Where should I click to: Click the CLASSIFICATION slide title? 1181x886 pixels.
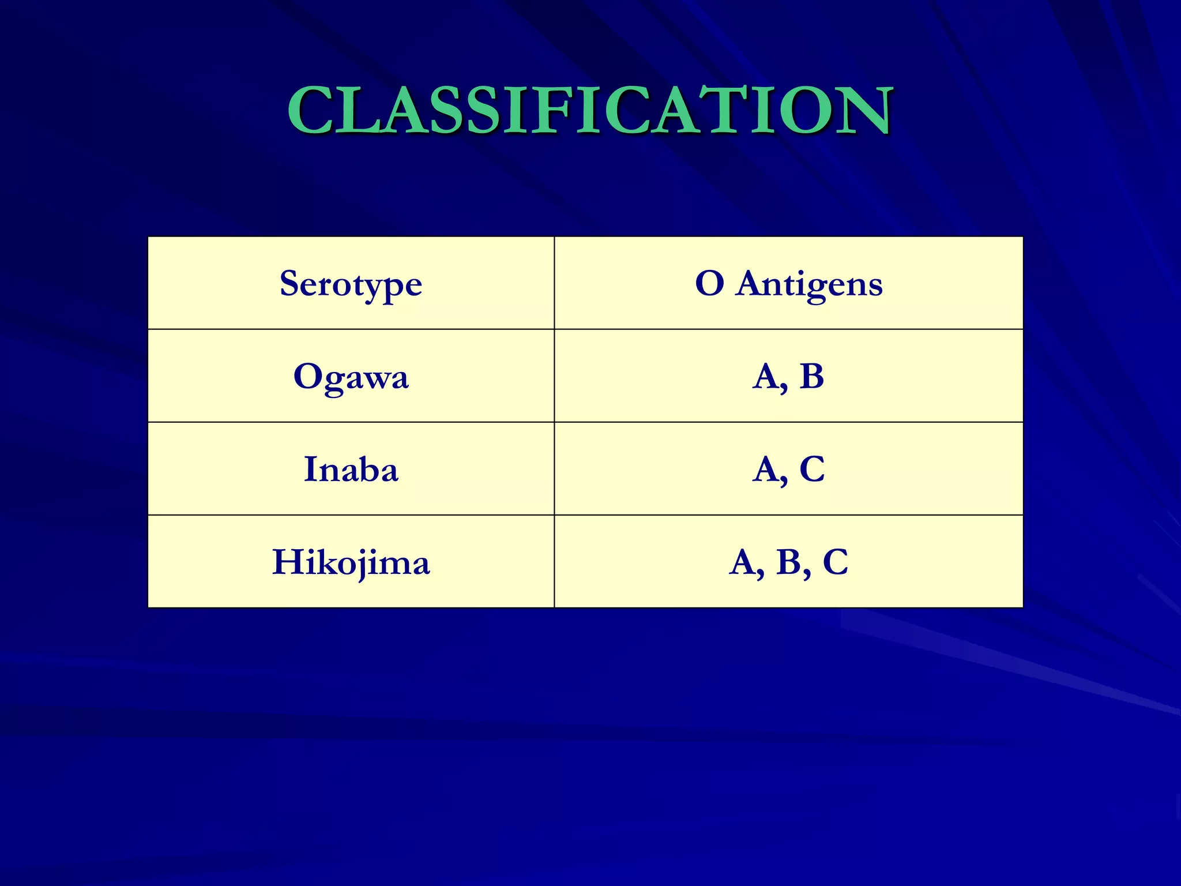(590, 110)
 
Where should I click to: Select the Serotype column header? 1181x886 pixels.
(351, 284)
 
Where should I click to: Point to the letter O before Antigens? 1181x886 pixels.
(709, 283)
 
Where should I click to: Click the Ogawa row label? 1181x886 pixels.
(351, 377)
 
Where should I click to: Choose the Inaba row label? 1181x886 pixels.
(351, 469)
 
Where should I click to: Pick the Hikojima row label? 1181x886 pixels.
(351, 562)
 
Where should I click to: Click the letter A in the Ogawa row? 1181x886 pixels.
(766, 377)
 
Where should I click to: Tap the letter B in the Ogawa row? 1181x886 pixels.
(811, 376)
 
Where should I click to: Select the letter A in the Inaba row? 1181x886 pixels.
(766, 469)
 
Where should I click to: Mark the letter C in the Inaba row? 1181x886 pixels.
(812, 469)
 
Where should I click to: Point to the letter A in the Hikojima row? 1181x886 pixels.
(743, 562)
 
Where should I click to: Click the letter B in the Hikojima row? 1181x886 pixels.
(789, 562)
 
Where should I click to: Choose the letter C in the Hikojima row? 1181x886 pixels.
(836, 562)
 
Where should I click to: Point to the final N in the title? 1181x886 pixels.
(862, 110)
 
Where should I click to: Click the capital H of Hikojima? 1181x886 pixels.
(288, 562)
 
